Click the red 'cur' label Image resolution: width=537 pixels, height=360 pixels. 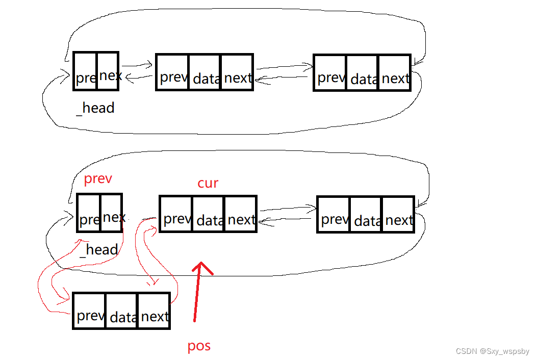[208, 183]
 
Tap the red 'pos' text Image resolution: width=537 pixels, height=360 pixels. [199, 346]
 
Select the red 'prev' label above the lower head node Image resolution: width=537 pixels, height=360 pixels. [97, 180]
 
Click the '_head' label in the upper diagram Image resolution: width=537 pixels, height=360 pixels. [95, 108]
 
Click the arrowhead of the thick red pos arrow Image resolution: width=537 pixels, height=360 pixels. [201, 267]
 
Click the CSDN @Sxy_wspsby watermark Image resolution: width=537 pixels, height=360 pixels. [493, 351]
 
